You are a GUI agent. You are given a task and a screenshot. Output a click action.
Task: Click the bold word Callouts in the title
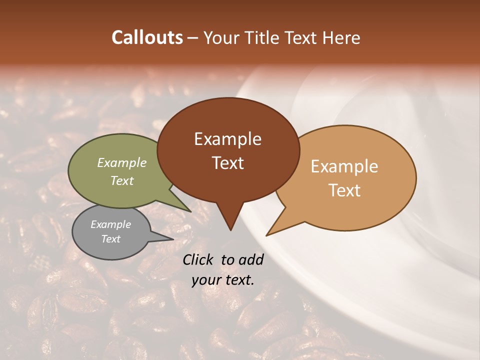[147, 37]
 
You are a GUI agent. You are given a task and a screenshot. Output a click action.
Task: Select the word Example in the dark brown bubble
[227, 139]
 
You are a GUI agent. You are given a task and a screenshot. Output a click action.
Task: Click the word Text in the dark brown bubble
[227, 163]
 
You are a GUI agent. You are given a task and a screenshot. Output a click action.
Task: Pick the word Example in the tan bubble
[344, 166]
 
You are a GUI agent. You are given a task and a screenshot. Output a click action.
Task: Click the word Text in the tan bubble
[344, 190]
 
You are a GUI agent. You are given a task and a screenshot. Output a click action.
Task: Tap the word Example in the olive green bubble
[122, 163]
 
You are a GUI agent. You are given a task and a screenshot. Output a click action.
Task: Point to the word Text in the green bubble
[122, 180]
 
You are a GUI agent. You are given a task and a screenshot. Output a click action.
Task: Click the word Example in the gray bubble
[111, 224]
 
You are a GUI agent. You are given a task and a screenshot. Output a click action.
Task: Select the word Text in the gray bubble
[111, 239]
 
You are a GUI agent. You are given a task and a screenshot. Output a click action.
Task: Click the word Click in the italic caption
[199, 259]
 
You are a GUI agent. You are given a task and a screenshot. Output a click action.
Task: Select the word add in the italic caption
[251, 259]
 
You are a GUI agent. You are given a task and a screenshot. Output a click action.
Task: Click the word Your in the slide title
[221, 37]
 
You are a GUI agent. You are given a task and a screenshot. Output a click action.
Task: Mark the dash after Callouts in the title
[193, 37]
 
